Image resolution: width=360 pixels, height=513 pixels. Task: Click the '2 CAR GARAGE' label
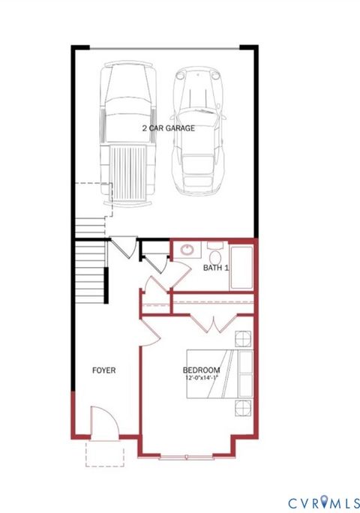point(169,128)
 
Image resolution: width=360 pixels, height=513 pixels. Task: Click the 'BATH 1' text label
point(215,268)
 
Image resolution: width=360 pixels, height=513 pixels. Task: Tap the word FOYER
point(103,370)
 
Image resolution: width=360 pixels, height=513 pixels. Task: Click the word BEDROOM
point(201,370)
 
